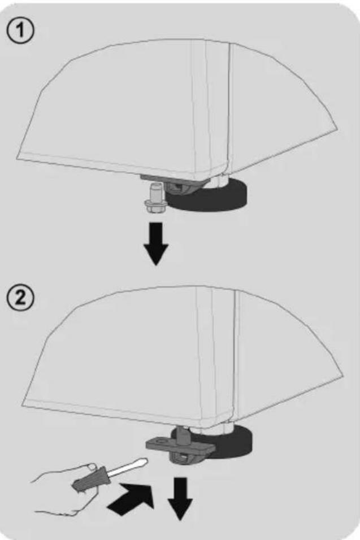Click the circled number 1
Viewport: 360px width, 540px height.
[20, 31]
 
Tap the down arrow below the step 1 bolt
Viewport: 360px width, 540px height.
[156, 243]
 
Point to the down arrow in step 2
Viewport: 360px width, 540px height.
[180, 498]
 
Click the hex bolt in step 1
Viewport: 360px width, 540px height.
[154, 198]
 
